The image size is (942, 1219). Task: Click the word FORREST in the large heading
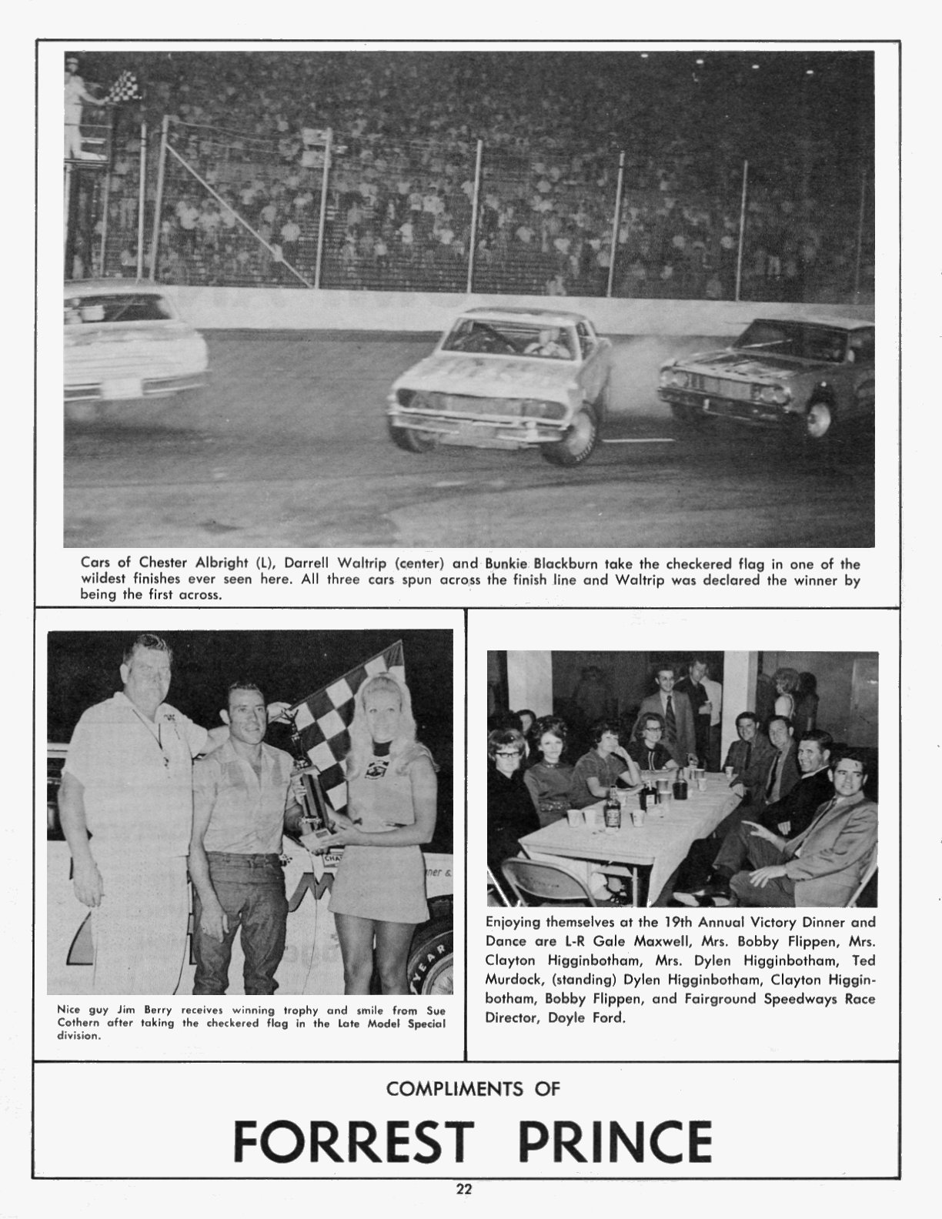353,1141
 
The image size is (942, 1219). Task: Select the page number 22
464,1189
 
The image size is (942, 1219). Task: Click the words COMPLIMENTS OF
473,1088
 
